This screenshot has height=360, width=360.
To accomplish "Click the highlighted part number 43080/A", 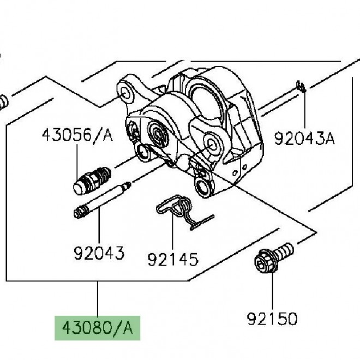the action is pyautogui.click(x=97, y=328).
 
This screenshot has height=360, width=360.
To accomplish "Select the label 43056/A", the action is pyautogui.click(x=77, y=135).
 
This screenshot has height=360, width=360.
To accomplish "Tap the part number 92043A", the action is pyautogui.click(x=305, y=139).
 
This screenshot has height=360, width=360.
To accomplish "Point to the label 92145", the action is pyautogui.click(x=173, y=259).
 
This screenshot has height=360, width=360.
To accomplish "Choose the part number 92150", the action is pyautogui.click(x=272, y=319).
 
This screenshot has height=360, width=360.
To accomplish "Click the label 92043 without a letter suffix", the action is pyautogui.click(x=99, y=253).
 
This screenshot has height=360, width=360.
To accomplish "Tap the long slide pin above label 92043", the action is pyautogui.click(x=102, y=200).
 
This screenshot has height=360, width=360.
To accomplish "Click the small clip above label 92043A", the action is pyautogui.click(x=301, y=86).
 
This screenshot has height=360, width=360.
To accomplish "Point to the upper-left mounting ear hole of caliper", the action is pyautogui.click(x=125, y=94).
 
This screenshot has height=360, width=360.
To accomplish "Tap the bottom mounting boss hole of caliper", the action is pyautogui.click(x=202, y=186).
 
